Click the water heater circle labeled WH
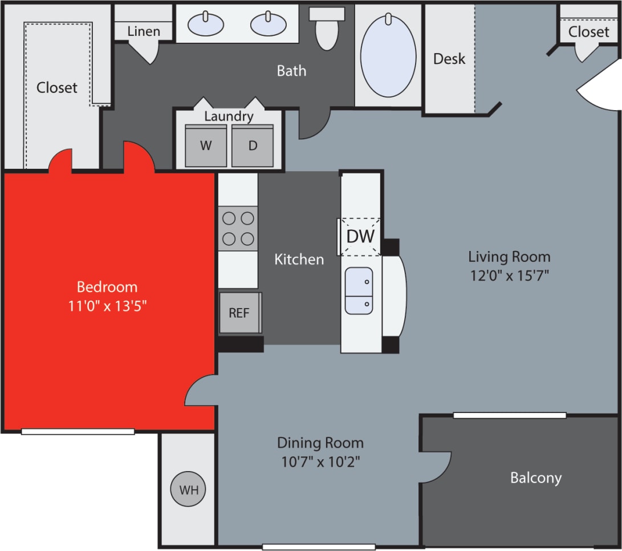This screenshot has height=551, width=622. [x=188, y=489]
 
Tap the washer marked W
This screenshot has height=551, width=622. [x=206, y=145]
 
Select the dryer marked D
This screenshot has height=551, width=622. [x=253, y=145]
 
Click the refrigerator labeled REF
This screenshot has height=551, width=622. [x=239, y=313]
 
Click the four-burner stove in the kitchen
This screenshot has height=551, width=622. [x=238, y=228]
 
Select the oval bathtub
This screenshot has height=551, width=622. [x=388, y=55]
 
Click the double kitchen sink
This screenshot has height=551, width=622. [x=359, y=290]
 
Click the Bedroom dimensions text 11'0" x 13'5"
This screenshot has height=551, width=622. [x=108, y=306]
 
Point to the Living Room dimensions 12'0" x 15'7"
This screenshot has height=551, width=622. [x=509, y=275]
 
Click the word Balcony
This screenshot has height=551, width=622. [x=535, y=477]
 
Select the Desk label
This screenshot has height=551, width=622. [x=449, y=58]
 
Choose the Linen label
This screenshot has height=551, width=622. [x=144, y=31]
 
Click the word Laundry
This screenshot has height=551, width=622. [x=229, y=116]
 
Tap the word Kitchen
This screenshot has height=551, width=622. [x=299, y=260]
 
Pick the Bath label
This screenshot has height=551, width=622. [x=291, y=71]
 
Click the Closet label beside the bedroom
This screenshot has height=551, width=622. [x=57, y=88]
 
